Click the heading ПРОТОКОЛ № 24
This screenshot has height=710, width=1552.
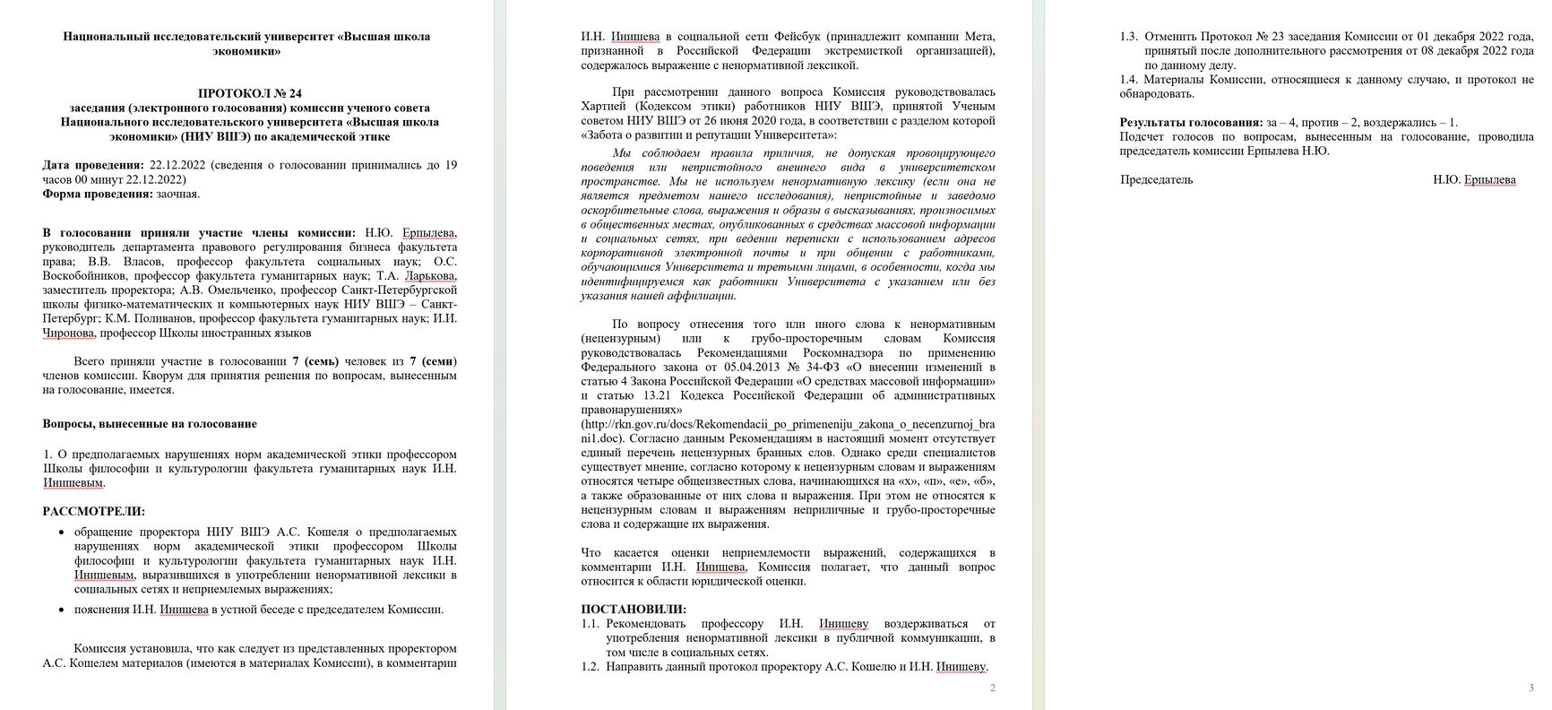pos(250,93)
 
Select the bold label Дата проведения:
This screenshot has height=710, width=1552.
pos(93,165)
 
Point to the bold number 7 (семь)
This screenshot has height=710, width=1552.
pos(308,361)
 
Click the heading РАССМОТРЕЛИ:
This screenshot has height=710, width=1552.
pos(94,511)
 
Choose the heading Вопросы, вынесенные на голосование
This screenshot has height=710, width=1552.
pos(150,424)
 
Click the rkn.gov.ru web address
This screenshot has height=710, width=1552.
pos(788,425)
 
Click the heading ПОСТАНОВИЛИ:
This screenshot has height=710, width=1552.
pos(634,609)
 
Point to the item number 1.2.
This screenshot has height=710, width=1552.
pos(590,667)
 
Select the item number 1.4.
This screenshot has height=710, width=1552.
pos(1129,80)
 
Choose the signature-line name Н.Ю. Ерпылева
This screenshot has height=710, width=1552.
pos(1474,179)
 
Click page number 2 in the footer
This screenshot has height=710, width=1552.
pos(992,688)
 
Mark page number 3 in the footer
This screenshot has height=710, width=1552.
pos(1530,688)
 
